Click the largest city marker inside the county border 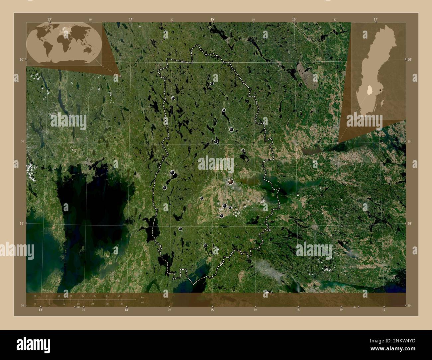pos(231,182)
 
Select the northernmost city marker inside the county pos(212,83)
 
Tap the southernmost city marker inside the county pos(205,245)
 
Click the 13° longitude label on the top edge pos(49,19)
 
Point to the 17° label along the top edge pos(376,19)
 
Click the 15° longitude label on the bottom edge pos(212,310)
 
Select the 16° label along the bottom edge pos(298,310)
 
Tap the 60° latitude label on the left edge pos(21,59)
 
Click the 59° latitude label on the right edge pos(410,224)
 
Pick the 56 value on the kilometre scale pos(119,296)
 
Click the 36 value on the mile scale pos(122,304)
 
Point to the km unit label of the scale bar pos(143,297)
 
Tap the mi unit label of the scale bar pos(142,303)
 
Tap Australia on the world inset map pos(89,50)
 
